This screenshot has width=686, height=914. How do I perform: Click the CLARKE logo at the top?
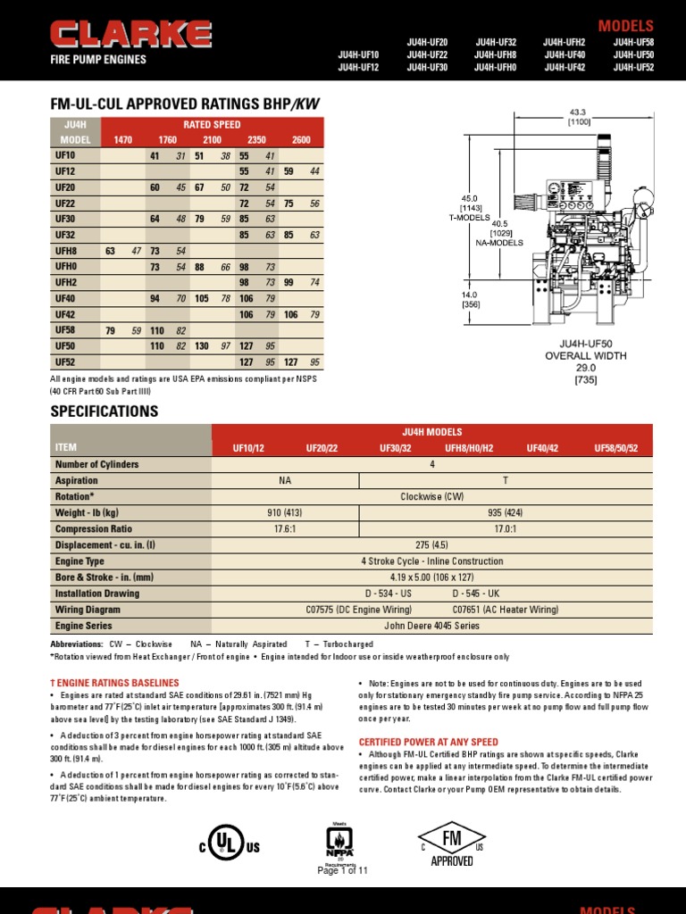click(131, 36)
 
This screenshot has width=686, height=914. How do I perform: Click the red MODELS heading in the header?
click(625, 26)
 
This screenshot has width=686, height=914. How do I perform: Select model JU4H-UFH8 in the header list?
click(496, 54)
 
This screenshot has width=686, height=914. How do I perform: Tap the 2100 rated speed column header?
click(212, 140)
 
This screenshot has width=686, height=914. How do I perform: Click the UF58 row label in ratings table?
click(65, 330)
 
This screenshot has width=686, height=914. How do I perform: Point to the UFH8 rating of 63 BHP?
click(111, 251)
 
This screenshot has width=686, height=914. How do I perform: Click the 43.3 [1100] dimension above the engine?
click(579, 116)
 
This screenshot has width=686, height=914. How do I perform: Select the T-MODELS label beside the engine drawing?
click(470, 217)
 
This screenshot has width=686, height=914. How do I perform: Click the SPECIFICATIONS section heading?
click(105, 411)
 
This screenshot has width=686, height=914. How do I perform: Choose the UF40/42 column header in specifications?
click(542, 448)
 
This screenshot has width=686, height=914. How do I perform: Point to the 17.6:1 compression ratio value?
click(285, 529)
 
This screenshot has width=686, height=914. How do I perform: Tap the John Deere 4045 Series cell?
click(431, 626)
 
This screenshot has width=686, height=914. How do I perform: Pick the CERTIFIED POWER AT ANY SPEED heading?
click(428, 742)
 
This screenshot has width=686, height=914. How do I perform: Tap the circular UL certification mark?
click(228, 843)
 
